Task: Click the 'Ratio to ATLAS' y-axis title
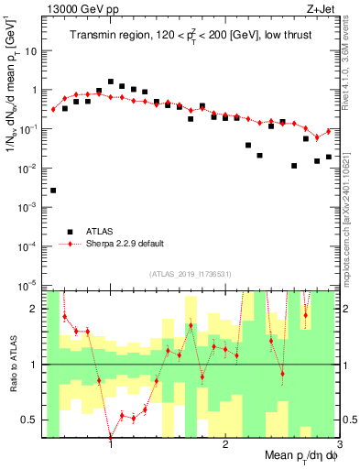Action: point(12,364)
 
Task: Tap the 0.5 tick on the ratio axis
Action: point(35,420)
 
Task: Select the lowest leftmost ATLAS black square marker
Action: point(53,191)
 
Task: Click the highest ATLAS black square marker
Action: point(111,82)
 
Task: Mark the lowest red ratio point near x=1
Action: point(111,437)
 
